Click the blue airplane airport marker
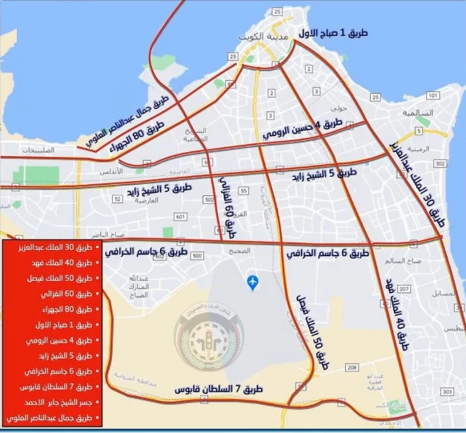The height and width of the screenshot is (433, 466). [254, 282]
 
